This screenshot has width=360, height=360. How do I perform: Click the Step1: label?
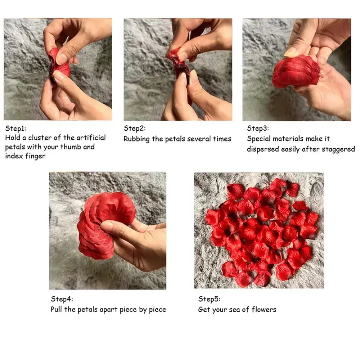(x=16, y=128)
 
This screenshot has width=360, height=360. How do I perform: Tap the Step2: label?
(x=135, y=129)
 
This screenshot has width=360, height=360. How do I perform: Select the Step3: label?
(x=258, y=129)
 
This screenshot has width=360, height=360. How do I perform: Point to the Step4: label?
(x=62, y=299)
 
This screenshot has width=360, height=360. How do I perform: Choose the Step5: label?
(x=209, y=299)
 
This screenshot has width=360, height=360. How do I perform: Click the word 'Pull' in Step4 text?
(x=57, y=309)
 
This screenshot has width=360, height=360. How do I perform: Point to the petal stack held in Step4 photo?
(x=103, y=223)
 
